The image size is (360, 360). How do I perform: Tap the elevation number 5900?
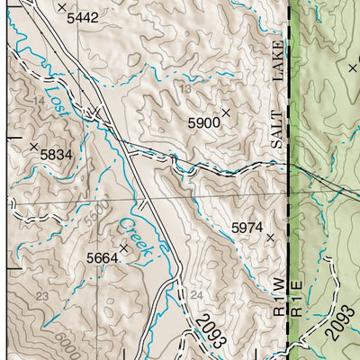203,121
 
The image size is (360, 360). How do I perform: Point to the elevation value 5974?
247,228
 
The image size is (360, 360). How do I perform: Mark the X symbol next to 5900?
226,112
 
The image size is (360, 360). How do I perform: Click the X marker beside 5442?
61,7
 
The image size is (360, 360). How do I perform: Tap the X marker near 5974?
270,238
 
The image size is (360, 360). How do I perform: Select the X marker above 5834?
34,146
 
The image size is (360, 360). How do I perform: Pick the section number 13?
185,89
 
